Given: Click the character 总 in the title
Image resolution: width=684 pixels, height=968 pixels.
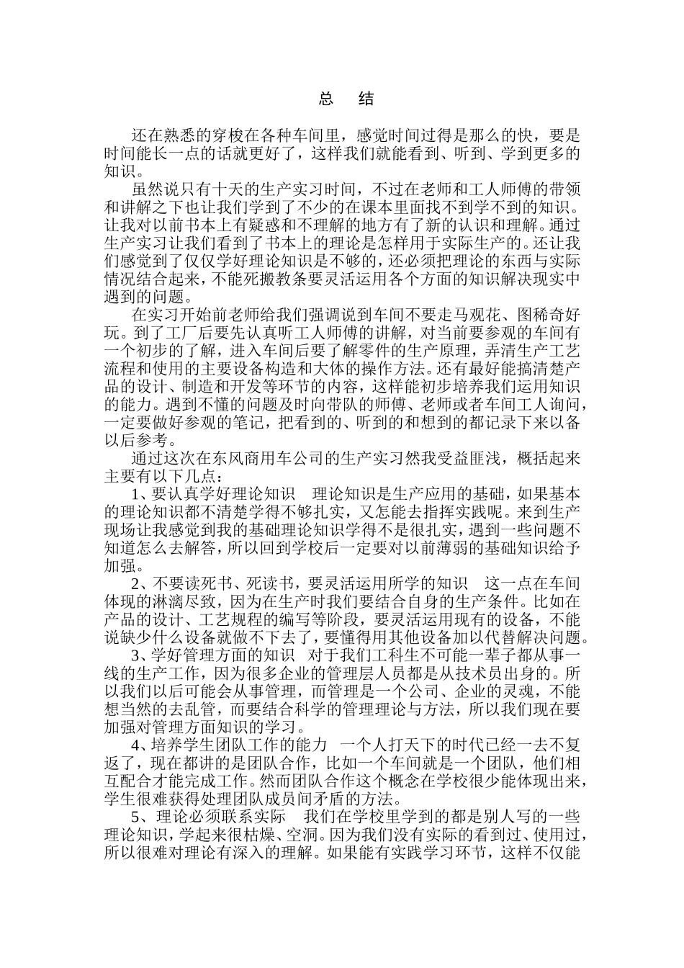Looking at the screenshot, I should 325,99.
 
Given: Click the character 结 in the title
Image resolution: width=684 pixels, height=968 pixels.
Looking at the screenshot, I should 366,99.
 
